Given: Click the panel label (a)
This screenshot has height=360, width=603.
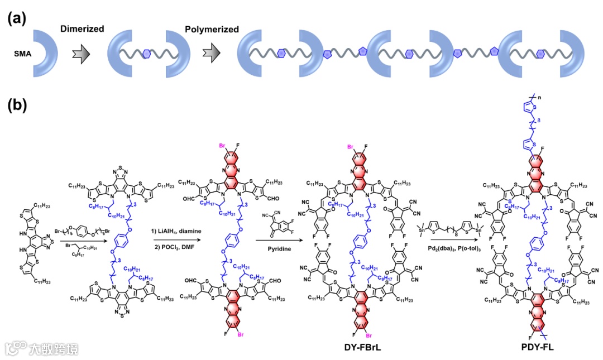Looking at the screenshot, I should coord(17,18).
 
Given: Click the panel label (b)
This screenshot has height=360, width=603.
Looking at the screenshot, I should coord(17,106).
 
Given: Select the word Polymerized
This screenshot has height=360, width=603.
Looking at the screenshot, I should coord(212,28).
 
